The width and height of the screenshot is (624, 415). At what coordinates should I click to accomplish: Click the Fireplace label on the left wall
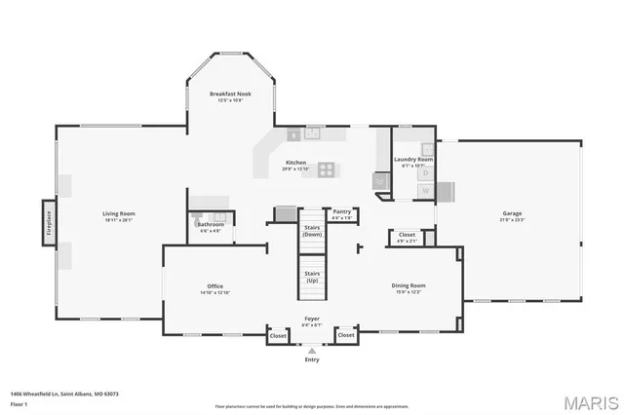(47, 223)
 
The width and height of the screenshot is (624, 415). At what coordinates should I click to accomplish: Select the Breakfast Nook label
(231, 94)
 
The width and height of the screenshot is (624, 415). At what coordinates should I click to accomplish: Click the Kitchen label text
(296, 163)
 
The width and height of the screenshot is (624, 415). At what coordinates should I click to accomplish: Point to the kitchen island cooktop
(328, 170)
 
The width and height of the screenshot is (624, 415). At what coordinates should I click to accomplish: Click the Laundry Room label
(413, 159)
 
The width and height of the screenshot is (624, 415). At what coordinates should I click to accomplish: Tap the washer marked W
(425, 190)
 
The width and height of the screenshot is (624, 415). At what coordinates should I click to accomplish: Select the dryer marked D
(425, 173)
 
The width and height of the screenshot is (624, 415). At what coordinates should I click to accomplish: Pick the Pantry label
(341, 211)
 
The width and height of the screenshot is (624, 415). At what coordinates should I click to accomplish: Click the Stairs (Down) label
(312, 231)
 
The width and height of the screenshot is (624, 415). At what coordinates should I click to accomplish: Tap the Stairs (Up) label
(312, 277)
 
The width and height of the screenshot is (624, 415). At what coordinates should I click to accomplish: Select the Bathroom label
(211, 225)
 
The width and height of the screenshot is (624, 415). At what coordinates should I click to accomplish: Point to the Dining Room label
(409, 285)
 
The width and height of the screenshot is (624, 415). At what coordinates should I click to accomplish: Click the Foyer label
(312, 319)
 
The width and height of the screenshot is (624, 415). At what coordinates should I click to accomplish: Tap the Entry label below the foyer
(312, 359)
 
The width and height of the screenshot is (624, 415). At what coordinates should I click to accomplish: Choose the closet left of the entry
(278, 335)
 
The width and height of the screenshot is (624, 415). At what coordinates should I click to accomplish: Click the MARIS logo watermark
(584, 401)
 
